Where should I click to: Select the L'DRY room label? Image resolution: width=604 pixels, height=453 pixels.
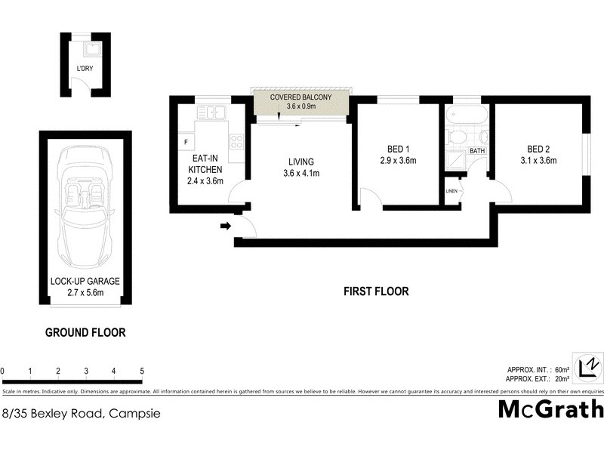(x=85, y=69)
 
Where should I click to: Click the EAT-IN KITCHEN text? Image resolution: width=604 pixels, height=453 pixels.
(x=205, y=169)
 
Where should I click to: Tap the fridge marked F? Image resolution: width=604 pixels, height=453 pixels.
(x=185, y=141)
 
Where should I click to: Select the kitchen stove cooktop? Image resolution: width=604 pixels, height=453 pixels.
(x=237, y=142)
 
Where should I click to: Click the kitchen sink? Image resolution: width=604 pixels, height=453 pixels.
(x=212, y=113)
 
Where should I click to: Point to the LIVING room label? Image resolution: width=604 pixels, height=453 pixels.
(x=300, y=162)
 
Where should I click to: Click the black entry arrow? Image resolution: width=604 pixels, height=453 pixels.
(x=225, y=225)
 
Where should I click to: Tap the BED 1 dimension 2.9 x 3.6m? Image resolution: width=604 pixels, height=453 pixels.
(x=398, y=160)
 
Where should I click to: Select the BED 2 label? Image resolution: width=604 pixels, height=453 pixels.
(x=538, y=149)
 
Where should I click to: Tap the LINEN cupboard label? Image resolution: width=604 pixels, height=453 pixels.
(x=452, y=191)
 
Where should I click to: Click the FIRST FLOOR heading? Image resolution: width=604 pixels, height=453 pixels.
(x=376, y=291)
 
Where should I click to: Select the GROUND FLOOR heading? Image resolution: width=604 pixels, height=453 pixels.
(x=85, y=332)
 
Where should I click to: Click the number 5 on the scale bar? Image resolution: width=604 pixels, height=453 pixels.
(x=142, y=371)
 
